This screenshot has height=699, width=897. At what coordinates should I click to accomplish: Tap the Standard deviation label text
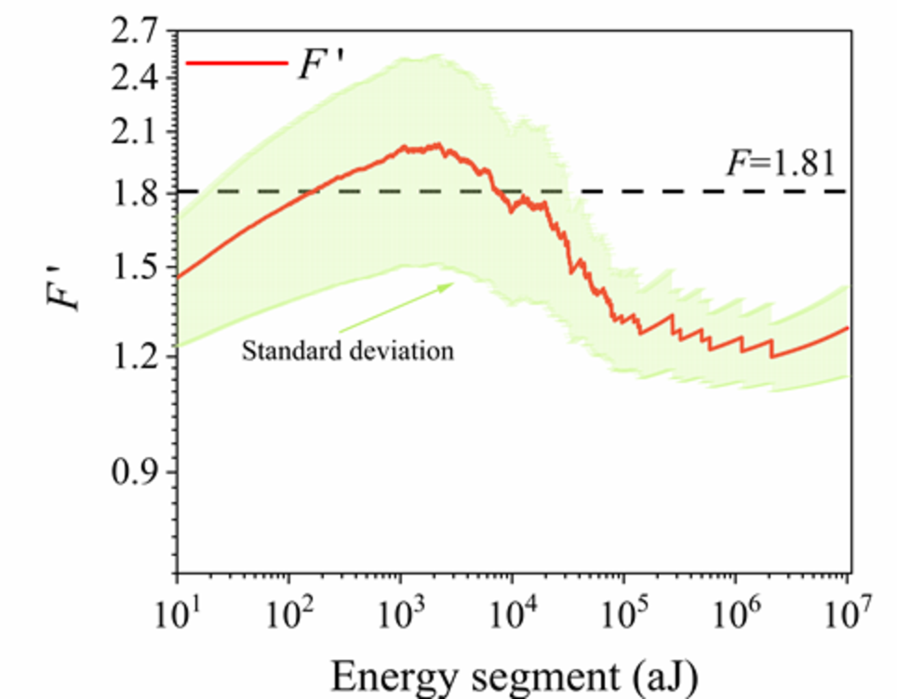pos(348,351)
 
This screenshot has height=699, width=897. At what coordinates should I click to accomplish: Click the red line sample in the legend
pos(236,63)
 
